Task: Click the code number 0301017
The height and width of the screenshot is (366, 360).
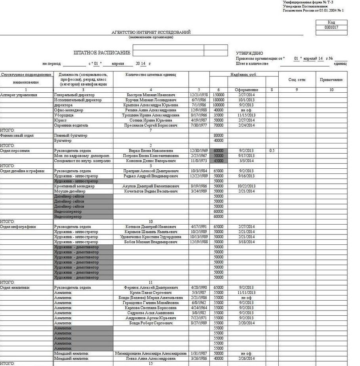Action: coord(331,28)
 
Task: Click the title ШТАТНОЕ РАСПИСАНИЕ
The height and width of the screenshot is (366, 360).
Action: coord(102,53)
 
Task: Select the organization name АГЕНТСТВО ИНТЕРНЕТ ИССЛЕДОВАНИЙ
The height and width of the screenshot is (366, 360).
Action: coord(151,32)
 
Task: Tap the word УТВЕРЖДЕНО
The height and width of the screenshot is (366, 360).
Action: coord(249,53)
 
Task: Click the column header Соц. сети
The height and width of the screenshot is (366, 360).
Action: coord(297,80)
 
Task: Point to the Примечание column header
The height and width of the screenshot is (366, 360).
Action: coord(331,80)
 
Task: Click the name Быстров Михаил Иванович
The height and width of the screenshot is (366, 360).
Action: coord(151,95)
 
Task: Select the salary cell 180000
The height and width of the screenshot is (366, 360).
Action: coord(218,100)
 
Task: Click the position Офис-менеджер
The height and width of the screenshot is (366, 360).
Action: coord(66,110)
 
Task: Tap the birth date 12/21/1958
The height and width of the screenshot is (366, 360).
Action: coord(199,95)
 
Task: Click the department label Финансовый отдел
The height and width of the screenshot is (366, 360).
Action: coord(17,135)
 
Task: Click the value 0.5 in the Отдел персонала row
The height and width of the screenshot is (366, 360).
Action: coord(272,151)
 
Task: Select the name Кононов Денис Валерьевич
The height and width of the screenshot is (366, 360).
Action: coord(151,161)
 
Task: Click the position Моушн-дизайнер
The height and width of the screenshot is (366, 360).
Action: coord(70,191)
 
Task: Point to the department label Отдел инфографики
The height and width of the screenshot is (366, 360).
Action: coord(18,227)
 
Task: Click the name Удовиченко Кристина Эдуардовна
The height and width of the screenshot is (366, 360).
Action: coord(151,237)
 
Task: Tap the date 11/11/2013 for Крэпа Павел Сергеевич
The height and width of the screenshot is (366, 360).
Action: coord(246,293)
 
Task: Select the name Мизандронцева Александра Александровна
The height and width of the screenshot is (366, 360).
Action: coord(151,353)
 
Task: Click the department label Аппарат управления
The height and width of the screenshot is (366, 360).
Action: coord(19,95)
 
